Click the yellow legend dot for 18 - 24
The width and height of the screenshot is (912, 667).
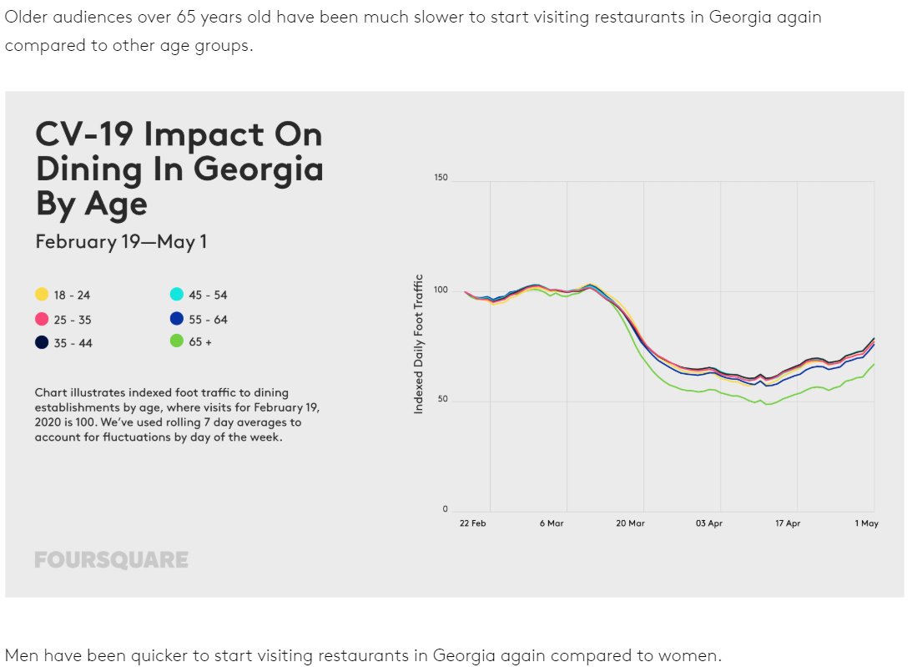point(42,295)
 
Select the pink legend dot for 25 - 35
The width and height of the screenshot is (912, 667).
point(42,319)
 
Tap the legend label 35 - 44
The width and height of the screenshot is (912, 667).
point(73,342)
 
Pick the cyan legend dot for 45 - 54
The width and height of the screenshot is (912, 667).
point(177,295)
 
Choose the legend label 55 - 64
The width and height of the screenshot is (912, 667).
point(209,319)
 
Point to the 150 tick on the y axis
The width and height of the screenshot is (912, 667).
point(441,178)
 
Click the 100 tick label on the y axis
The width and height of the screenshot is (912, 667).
point(441,290)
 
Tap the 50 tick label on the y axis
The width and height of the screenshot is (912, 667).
point(442,399)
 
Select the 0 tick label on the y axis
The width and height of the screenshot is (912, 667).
point(445,508)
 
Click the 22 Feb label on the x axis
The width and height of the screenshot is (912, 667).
point(473,523)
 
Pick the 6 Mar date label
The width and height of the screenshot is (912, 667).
point(552,523)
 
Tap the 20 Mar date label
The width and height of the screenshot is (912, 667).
point(631,523)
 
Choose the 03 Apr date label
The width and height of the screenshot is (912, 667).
point(709,523)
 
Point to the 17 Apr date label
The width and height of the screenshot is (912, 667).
point(788,523)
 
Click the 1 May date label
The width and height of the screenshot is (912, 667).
point(867,523)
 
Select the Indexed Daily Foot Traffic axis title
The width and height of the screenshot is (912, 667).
point(419,344)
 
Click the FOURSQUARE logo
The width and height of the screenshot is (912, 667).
point(111,560)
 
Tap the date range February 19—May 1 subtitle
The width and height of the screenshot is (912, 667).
point(121,241)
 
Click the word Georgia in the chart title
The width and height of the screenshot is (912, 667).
point(259,169)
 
